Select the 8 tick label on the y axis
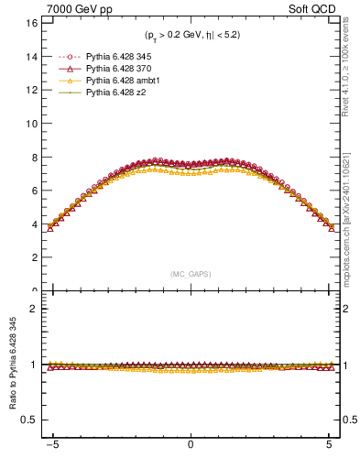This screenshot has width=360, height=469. point(33,157)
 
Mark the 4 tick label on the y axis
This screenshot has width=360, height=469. point(33,224)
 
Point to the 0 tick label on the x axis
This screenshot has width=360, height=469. point(190,454)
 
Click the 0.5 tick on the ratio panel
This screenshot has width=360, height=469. point(29,420)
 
